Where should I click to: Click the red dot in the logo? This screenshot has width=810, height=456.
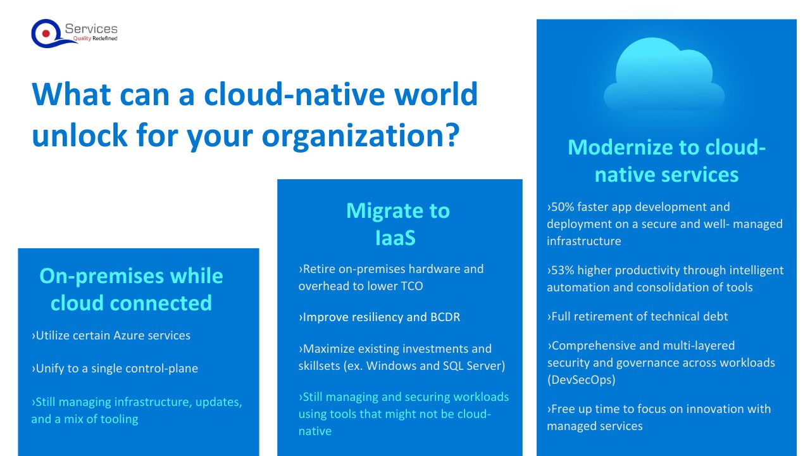click(46, 34)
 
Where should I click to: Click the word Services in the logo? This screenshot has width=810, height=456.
click(91, 29)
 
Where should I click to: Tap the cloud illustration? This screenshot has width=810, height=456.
click(664, 75)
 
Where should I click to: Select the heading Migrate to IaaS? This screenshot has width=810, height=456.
click(398, 224)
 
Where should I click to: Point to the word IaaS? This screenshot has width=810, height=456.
click(396, 237)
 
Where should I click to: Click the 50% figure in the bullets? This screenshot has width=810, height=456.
click(561, 206)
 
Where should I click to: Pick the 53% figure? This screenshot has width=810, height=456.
click(561, 270)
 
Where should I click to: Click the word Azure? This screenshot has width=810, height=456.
click(129, 336)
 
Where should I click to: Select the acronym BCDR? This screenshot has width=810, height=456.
click(445, 317)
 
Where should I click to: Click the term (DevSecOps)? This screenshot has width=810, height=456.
click(581, 380)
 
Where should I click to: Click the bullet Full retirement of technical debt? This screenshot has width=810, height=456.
click(637, 317)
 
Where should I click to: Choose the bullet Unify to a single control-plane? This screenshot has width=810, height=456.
click(115, 369)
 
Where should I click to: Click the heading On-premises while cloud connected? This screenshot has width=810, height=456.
click(131, 289)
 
